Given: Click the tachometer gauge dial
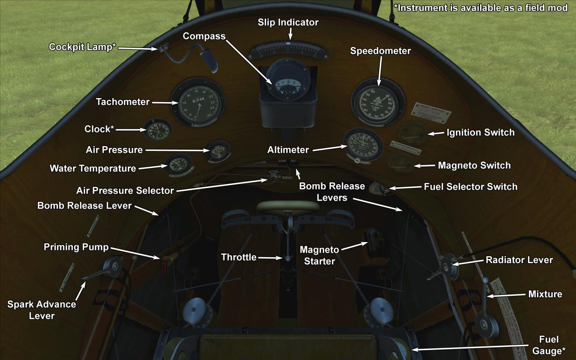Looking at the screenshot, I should tap(197, 103).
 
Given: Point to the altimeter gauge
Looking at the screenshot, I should tap(363, 145).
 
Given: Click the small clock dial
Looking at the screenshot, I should tap(157, 130).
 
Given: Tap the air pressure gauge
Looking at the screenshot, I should tap(218, 151).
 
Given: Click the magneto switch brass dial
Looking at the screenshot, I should tap(400, 163).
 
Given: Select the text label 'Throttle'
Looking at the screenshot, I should tap(239, 257).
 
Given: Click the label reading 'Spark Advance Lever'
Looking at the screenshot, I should tap(41, 310).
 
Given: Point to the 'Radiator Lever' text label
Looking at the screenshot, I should tap(519, 260).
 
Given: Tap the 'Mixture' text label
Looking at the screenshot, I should tap(545, 294).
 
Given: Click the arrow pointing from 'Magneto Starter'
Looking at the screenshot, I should tap(354, 247).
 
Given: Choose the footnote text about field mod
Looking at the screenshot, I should tap(480, 8).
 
